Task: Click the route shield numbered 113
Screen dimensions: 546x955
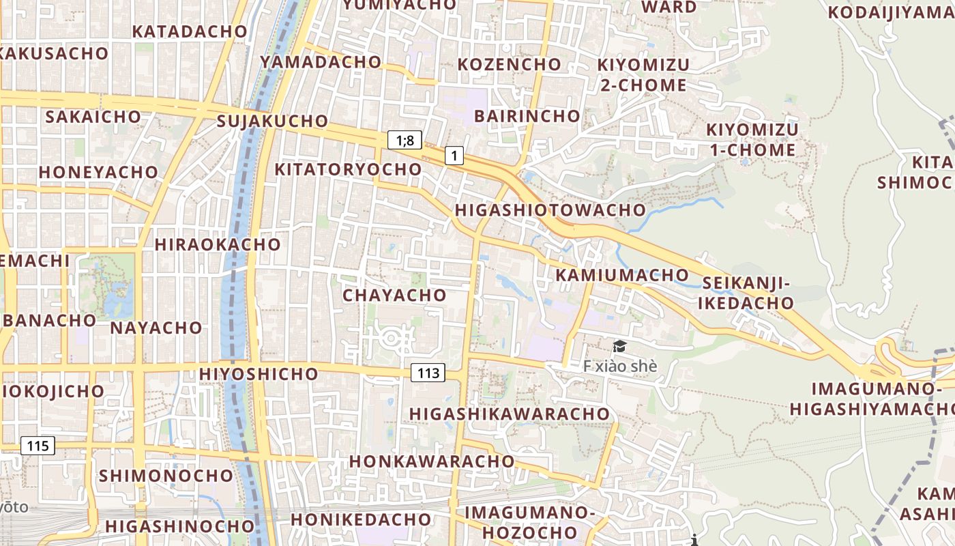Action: (x=428, y=373)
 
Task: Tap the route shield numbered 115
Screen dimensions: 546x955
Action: (x=38, y=446)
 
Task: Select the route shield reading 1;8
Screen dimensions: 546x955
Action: (x=405, y=141)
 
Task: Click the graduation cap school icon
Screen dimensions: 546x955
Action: (x=619, y=347)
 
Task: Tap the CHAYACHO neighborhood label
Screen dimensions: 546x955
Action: (x=394, y=296)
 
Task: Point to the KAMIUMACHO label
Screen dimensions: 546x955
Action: (x=622, y=275)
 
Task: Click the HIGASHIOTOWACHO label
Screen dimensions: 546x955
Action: (x=550, y=210)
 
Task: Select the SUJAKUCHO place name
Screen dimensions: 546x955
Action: (x=272, y=121)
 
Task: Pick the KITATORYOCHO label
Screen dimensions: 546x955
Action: (x=348, y=169)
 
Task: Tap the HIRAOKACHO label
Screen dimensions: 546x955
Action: (x=218, y=244)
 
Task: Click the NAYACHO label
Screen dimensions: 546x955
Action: (x=156, y=328)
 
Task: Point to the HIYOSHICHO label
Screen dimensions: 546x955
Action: (x=259, y=374)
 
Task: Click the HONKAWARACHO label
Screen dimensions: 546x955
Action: (x=432, y=461)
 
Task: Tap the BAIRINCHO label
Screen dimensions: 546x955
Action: (x=527, y=116)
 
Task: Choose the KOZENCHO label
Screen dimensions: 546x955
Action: (x=510, y=64)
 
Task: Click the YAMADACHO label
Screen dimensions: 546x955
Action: (x=320, y=62)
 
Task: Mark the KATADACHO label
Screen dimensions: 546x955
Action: (x=189, y=31)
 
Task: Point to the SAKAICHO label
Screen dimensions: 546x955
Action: (x=93, y=117)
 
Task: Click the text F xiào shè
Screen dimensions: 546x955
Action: (x=620, y=367)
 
